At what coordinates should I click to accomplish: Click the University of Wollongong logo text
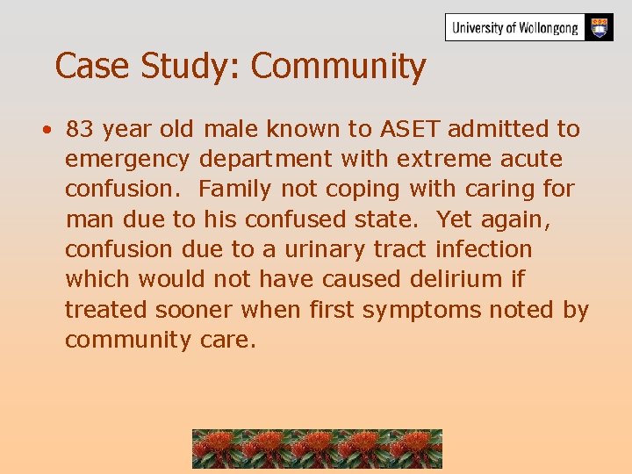coord(515,28)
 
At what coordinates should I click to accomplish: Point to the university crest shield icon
coord(600,27)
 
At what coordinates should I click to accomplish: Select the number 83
coord(80,129)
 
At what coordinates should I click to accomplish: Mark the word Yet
coord(453,219)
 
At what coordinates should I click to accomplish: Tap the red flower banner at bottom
coord(317,449)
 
